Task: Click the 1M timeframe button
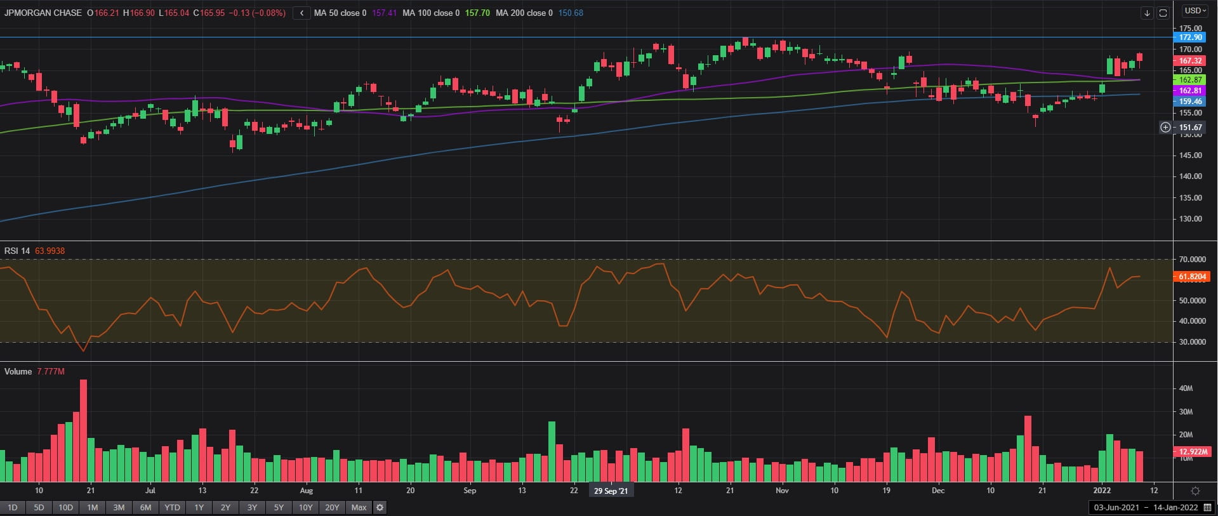click(92, 507)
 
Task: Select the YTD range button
click(172, 507)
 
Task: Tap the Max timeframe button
click(359, 507)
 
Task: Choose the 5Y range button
click(279, 507)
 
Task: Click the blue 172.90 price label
click(1190, 37)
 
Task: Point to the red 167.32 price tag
click(1190, 61)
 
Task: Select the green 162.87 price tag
click(1190, 80)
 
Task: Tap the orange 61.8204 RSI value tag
click(1193, 277)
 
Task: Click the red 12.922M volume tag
click(1193, 452)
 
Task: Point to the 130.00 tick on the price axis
click(1191, 219)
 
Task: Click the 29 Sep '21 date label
click(611, 491)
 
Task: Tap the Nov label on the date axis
click(782, 491)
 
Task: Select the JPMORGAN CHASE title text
click(43, 13)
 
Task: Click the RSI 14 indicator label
click(17, 251)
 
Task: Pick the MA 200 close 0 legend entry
click(524, 13)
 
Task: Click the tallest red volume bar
click(83, 430)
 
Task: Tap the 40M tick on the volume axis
click(1186, 388)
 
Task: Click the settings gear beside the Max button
click(380, 507)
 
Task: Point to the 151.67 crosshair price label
click(1190, 128)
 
